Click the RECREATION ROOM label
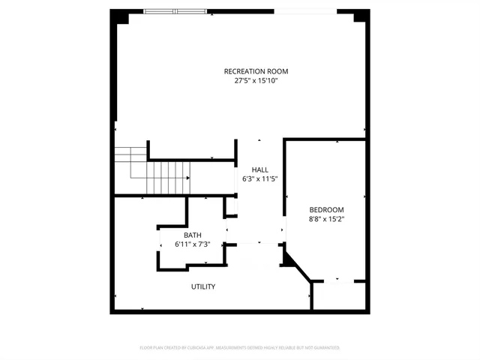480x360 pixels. click(256, 71)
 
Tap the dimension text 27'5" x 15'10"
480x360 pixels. click(256, 80)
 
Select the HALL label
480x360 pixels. click(259, 169)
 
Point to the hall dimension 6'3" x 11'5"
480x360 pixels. click(259, 179)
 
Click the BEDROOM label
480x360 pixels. click(326, 209)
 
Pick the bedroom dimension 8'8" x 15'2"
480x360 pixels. click(326, 219)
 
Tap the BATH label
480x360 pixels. click(192, 235)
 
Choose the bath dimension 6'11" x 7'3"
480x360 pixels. click(192, 244)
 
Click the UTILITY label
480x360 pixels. click(203, 286)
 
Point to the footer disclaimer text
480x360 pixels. click(240, 348)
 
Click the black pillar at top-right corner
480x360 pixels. click(363, 16)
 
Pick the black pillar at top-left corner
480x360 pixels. click(118, 16)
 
